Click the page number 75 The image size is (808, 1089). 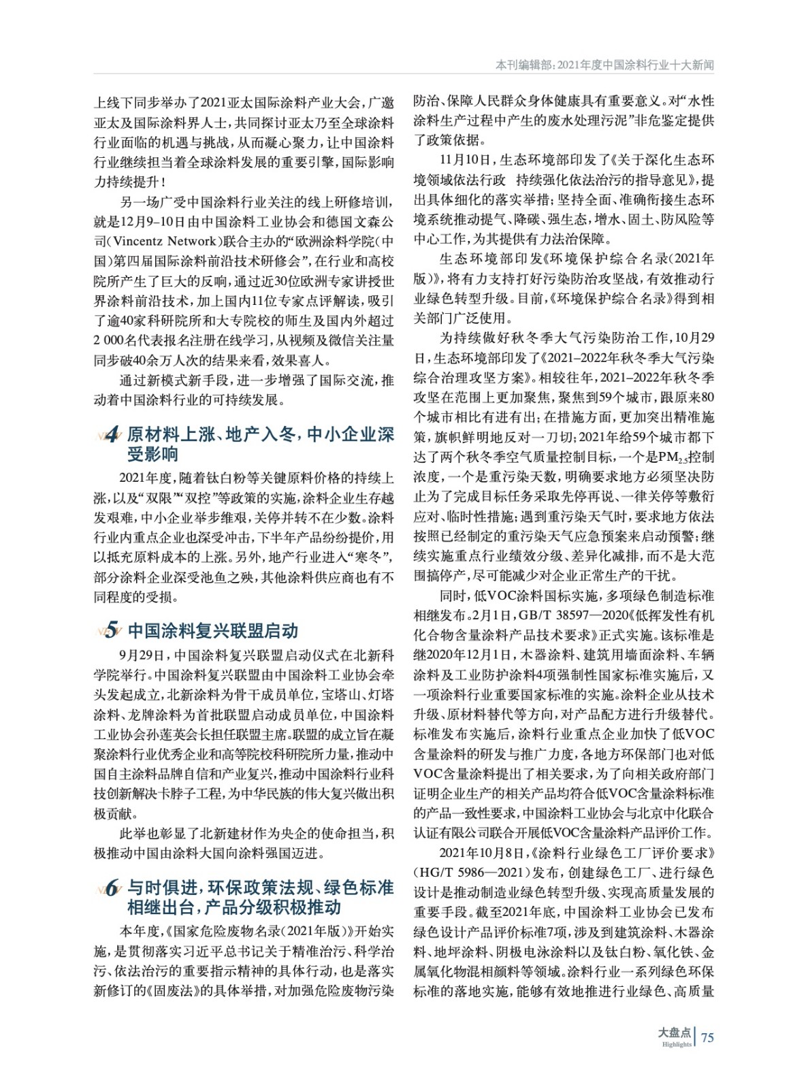coord(707,1037)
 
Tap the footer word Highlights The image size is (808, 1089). coord(676,1044)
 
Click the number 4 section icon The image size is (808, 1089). coord(111,436)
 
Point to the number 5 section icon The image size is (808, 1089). coord(111,631)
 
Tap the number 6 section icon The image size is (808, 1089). coord(111,888)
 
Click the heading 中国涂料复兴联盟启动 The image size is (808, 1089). coord(213,631)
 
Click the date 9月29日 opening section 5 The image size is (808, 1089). coord(141,656)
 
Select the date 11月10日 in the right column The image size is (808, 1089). coord(466,161)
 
